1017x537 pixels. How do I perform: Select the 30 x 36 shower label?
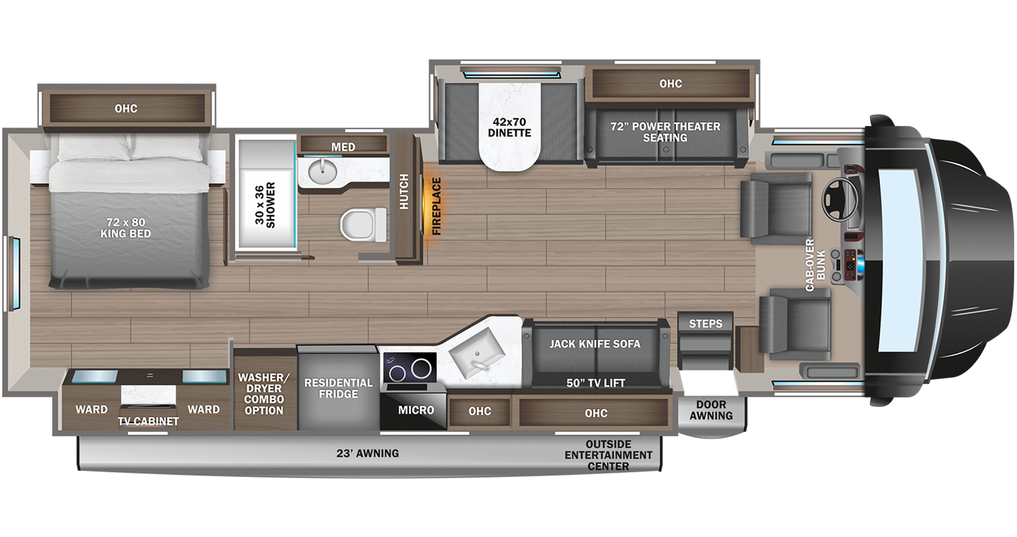(265, 204)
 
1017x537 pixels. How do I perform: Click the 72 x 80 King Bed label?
(125, 228)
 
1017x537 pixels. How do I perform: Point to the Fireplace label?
(436, 206)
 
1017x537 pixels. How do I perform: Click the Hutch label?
(404, 191)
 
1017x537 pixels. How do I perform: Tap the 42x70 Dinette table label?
(510, 127)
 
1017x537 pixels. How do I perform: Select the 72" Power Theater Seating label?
(665, 132)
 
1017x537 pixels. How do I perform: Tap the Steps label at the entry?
(705, 323)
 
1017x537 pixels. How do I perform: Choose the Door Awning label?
(711, 410)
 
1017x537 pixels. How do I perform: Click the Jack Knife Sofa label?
(595, 344)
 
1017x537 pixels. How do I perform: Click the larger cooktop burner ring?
(421, 368)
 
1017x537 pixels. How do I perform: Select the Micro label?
(416, 410)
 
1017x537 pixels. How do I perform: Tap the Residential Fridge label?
(338, 388)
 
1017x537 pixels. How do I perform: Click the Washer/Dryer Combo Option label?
(264, 393)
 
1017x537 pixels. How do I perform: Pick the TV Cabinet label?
(148, 421)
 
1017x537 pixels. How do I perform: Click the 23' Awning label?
(367, 453)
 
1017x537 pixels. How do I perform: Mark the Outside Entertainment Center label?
(608, 455)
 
